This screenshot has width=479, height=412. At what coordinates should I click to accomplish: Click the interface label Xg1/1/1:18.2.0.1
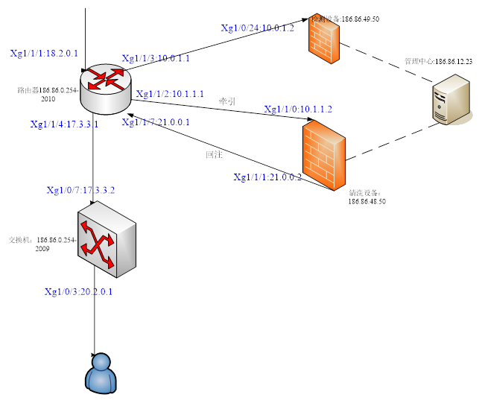click(x=44, y=54)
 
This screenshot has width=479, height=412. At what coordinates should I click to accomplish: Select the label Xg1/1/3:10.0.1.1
click(x=156, y=58)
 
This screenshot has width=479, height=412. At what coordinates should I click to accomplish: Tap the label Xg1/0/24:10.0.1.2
click(x=258, y=28)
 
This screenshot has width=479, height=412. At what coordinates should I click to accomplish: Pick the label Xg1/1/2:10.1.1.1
click(x=170, y=95)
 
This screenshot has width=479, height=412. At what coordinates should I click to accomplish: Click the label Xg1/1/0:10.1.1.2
click(x=298, y=110)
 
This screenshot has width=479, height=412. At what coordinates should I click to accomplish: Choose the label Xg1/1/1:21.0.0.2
click(x=267, y=177)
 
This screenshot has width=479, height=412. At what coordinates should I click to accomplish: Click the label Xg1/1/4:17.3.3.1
click(x=64, y=124)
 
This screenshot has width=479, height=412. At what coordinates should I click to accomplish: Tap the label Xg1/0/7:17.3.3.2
click(x=80, y=191)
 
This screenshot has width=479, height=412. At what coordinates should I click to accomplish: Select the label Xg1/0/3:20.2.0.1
click(x=78, y=291)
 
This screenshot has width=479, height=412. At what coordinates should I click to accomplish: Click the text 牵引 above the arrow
click(x=227, y=101)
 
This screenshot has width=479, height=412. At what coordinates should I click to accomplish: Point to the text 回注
click(x=215, y=155)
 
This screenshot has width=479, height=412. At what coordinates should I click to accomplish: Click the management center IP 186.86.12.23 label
click(x=439, y=61)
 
